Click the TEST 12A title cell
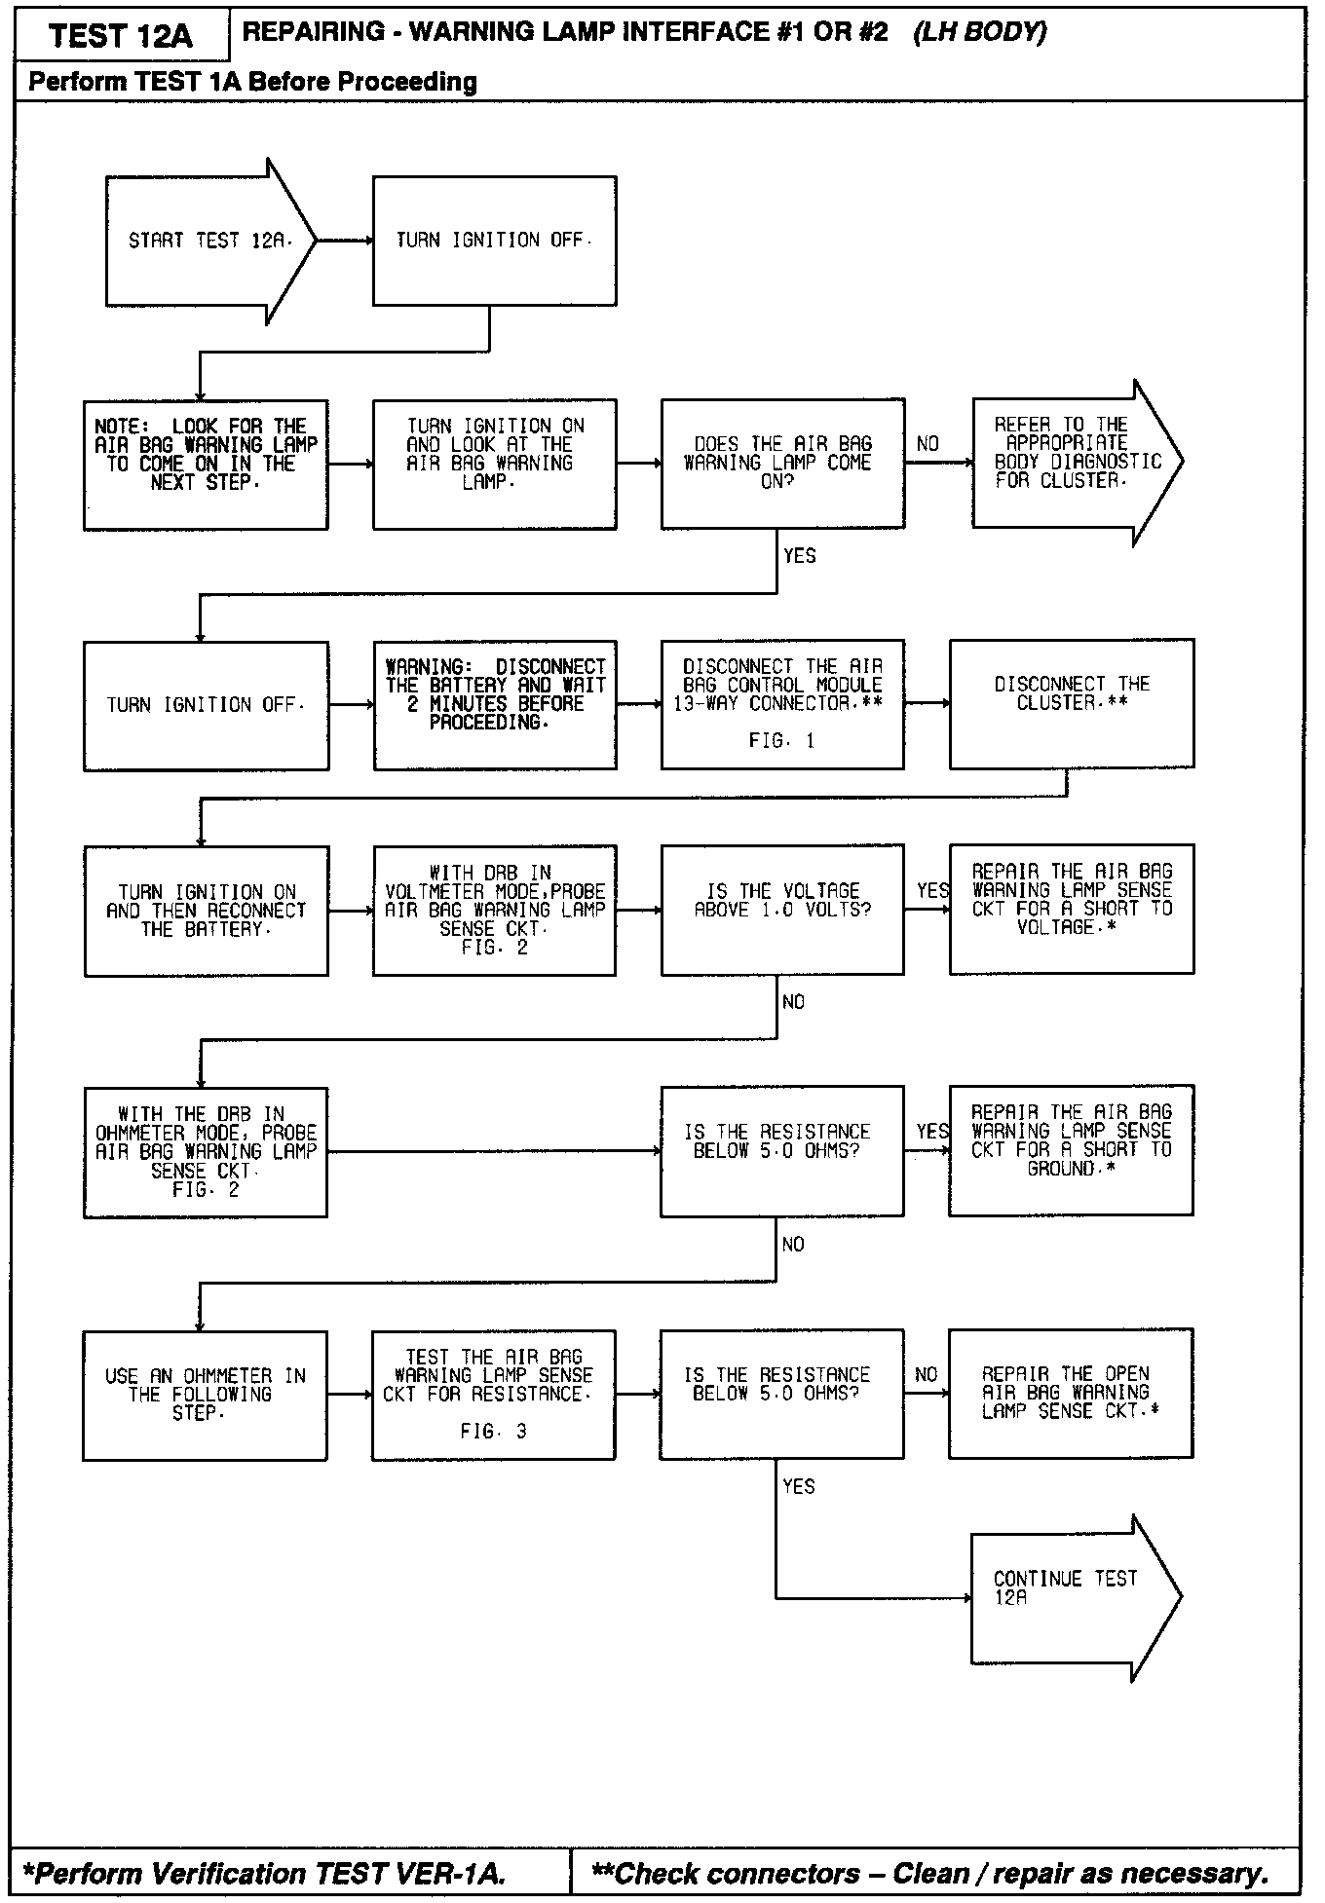pos(121,36)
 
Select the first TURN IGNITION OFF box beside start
pos(494,241)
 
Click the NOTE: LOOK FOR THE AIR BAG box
pos(206,464)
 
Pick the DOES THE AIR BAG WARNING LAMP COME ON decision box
pos(782,463)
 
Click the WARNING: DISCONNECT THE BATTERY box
pos(494,704)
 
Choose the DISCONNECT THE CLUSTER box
pos(1071,703)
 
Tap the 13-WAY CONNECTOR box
pos(782,703)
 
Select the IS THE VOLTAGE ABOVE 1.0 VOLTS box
pos(782,910)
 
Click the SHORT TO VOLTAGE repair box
pos(1071,909)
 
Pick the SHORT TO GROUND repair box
pos(1071,1150)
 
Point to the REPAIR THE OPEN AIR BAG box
pos(1070,1393)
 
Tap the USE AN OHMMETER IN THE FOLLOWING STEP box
pos(205,1395)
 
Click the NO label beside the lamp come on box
pos(927,445)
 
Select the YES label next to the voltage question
pos(932,891)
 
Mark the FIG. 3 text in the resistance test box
pos(493,1432)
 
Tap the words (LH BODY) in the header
pos(979,32)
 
